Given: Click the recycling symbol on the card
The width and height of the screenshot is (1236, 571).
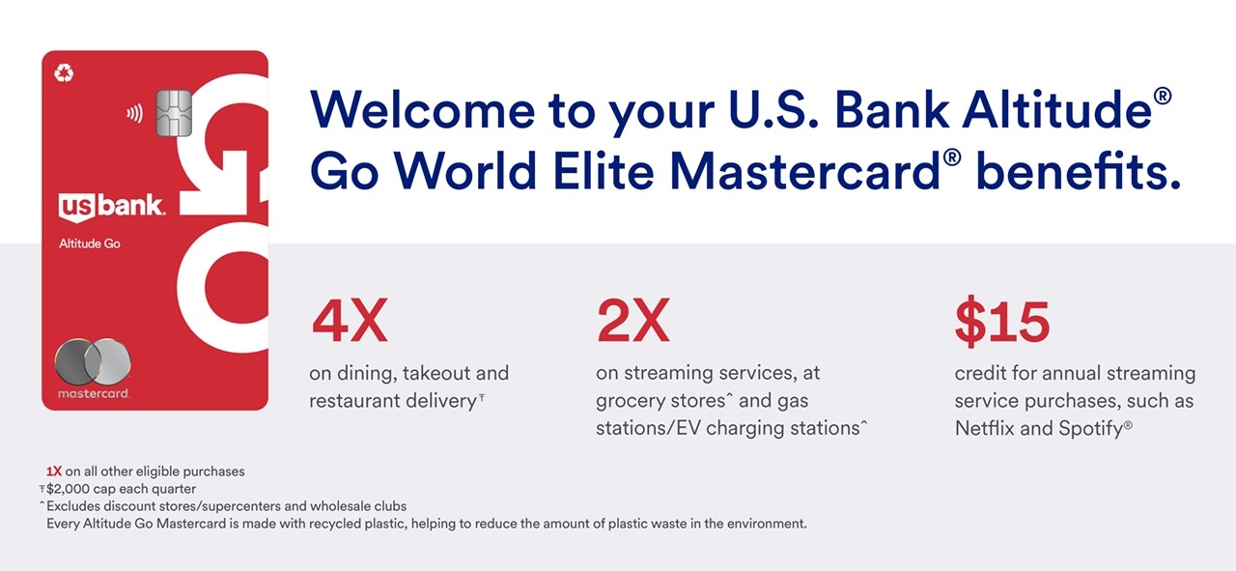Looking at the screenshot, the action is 64,72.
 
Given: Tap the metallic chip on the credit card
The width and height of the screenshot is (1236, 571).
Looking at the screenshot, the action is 174,113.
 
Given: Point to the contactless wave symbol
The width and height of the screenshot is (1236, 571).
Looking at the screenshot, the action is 134,113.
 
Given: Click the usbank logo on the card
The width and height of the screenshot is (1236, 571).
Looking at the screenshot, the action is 111,207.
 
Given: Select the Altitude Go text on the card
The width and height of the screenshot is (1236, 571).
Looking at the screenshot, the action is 90,243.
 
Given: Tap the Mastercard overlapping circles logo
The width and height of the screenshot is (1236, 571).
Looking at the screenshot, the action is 93,361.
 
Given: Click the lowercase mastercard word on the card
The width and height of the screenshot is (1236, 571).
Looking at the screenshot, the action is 94,393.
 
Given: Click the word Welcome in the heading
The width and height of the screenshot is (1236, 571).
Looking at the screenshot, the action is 423,110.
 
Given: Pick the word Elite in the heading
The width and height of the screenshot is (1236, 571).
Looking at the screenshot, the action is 604,171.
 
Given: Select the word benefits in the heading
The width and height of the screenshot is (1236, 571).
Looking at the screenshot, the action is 1079,171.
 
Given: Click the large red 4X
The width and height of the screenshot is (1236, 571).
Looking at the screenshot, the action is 350,321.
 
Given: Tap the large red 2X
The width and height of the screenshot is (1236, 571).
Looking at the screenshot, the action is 633,321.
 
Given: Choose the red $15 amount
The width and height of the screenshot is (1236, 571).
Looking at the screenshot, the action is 1002,322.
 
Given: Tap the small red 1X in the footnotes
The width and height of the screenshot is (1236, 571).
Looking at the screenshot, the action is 53,471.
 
